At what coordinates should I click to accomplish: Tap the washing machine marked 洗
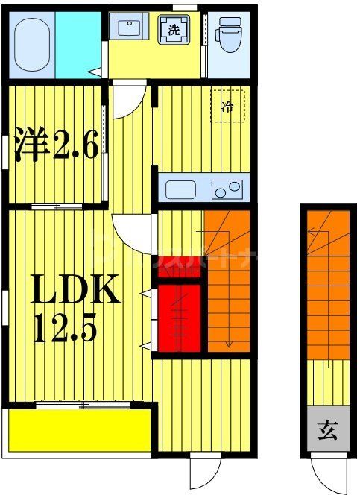coord(173,31)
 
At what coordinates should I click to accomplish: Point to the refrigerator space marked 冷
coord(229,106)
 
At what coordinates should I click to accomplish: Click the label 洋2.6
coord(56,146)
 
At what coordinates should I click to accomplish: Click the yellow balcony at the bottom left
coord(78,430)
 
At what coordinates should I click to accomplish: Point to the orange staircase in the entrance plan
coord(326,283)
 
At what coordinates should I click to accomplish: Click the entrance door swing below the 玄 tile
coord(326,473)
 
